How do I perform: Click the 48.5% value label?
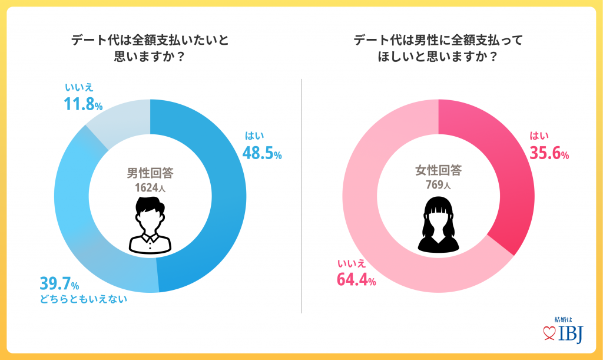click(x=262, y=153)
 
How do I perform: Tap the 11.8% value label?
click(x=83, y=105)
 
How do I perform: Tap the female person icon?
click(x=439, y=226)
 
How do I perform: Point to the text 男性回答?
click(x=150, y=173)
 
